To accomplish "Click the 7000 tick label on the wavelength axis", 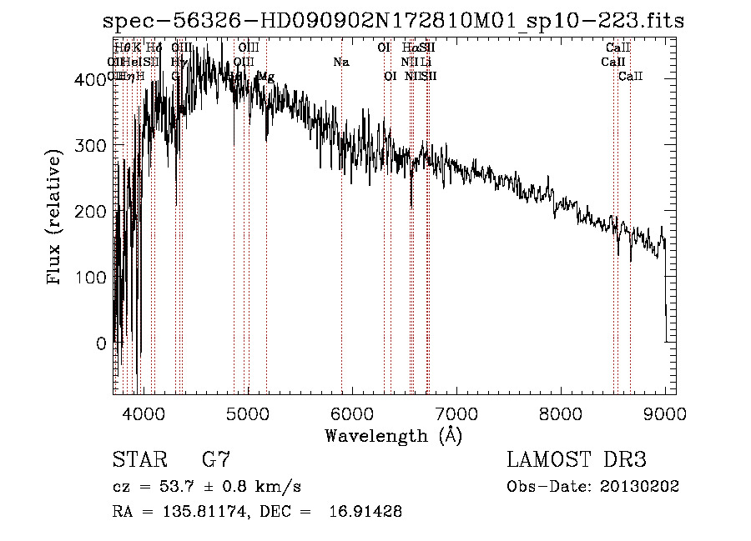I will click(456, 413).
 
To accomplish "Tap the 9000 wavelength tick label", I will click(665, 413).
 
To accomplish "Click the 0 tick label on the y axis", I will click(100, 343).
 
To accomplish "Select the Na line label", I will click(340, 62).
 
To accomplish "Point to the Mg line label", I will click(265, 76).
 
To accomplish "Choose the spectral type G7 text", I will click(215, 459).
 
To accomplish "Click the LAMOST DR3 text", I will click(577, 459).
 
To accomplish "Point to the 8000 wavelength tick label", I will click(561, 413).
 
